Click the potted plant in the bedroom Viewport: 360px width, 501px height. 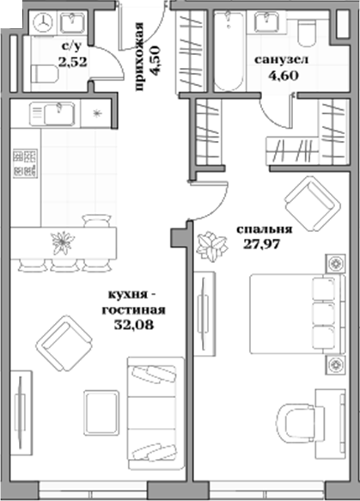tap(207, 247)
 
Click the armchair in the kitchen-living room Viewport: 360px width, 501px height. tap(63, 342)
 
